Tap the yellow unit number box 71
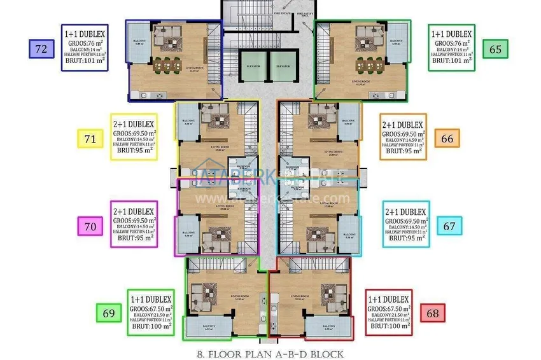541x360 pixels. click(89, 139)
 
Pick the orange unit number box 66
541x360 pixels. click(447, 138)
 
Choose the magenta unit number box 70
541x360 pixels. click(89, 225)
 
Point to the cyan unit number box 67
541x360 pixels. click(449, 225)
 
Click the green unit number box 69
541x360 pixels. click(108, 312)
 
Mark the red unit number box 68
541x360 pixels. click(432, 312)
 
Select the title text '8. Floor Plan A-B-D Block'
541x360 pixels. click(271, 354)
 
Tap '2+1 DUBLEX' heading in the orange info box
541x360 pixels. click(402, 125)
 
